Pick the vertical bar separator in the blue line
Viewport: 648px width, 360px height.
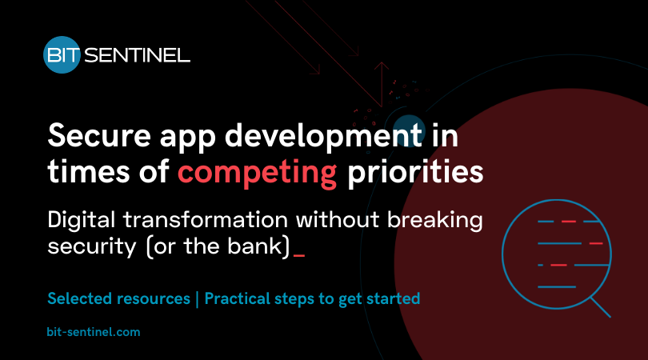(x=198, y=299)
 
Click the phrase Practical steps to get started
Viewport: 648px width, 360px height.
(x=312, y=299)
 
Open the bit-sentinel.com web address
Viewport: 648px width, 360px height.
(x=94, y=330)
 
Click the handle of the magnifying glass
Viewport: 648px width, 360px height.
(x=599, y=306)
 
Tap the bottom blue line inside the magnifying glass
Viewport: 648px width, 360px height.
(x=557, y=286)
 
